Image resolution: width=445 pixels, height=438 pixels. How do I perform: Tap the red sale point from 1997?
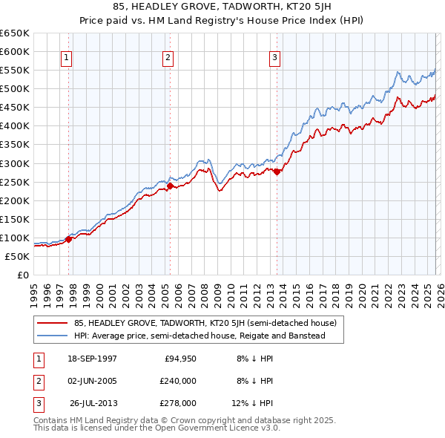(x=69, y=239)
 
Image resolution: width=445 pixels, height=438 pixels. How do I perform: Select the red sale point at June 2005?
(x=170, y=186)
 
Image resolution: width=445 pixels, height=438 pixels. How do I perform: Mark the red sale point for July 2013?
(x=277, y=171)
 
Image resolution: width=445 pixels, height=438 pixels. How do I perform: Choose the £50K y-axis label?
(x=17, y=256)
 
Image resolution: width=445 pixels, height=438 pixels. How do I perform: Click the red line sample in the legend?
(x=53, y=323)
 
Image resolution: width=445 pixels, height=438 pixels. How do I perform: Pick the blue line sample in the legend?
(x=53, y=336)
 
